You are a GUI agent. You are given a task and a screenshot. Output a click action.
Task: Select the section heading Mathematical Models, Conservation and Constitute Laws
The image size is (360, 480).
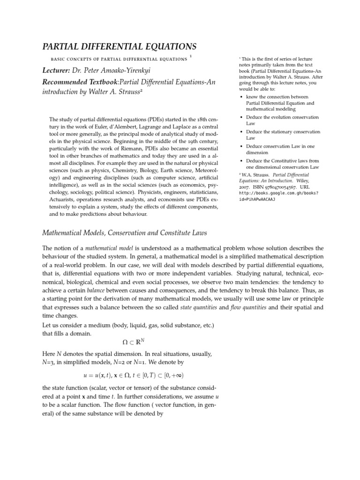(x=125, y=232)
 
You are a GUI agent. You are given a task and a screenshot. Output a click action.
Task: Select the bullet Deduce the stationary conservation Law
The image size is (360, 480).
(x=283, y=135)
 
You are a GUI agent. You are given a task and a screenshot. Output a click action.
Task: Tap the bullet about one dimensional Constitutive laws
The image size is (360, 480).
(x=283, y=164)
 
